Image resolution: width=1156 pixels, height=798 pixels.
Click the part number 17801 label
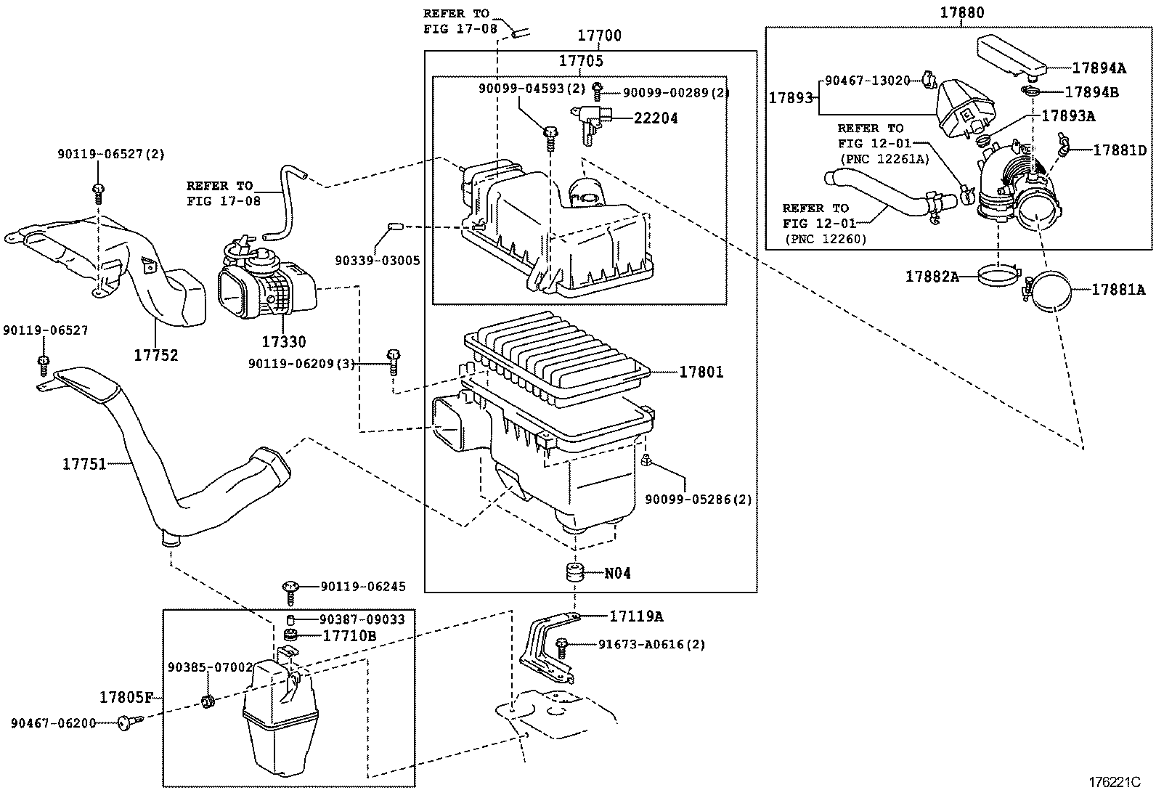click(x=701, y=372)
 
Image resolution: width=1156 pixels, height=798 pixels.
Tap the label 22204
click(x=656, y=118)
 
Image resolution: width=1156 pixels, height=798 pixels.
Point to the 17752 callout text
click(x=155, y=355)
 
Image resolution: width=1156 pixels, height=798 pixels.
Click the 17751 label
click(x=84, y=463)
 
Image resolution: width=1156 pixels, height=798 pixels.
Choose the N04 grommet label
click(x=617, y=573)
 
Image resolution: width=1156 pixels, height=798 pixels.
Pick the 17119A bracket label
click(x=635, y=616)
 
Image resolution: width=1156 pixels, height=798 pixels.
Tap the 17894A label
click(x=1099, y=68)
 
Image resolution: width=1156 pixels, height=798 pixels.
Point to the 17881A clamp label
click(x=1118, y=290)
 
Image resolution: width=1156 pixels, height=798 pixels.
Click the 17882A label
click(x=932, y=276)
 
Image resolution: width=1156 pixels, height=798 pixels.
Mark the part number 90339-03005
click(x=377, y=260)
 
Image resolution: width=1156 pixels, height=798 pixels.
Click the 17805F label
click(x=126, y=699)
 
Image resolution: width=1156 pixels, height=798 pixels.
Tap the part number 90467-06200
click(x=54, y=723)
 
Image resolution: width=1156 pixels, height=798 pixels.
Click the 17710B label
click(x=349, y=635)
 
